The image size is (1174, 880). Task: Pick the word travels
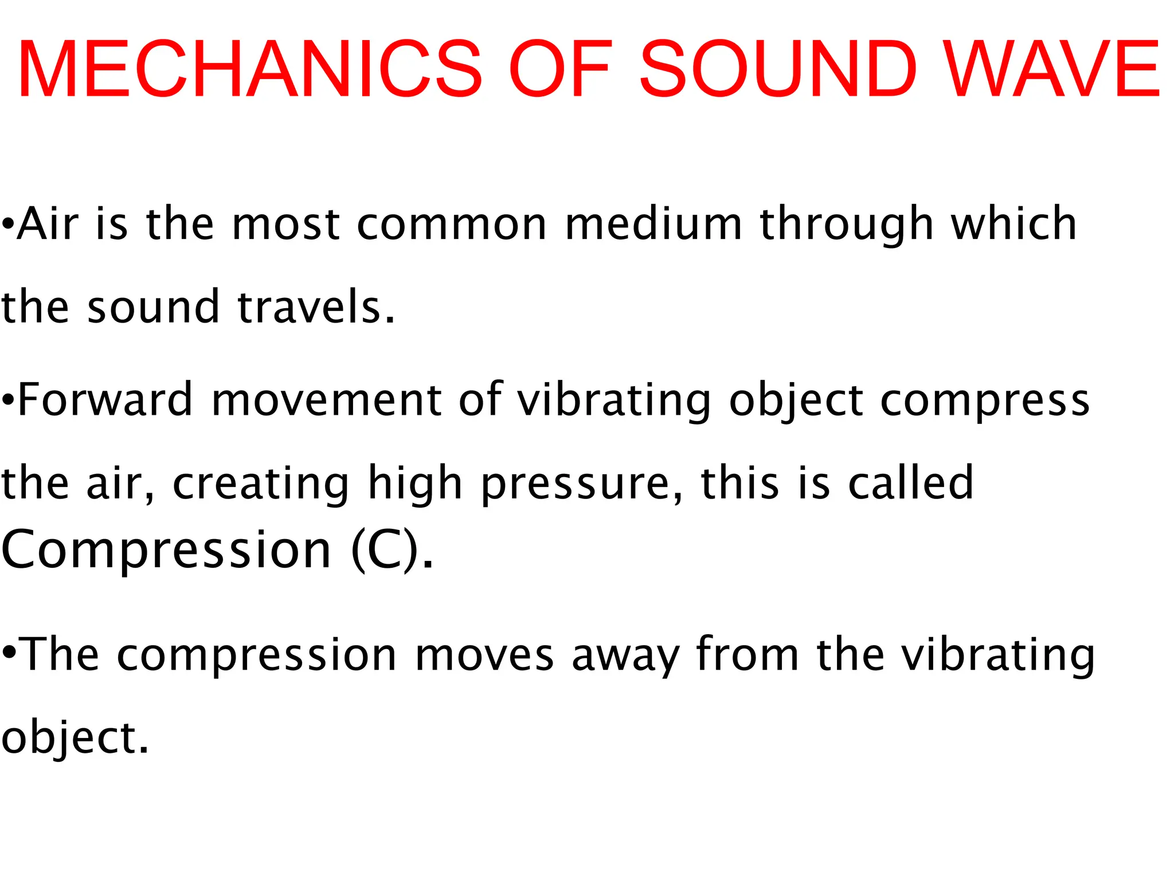pos(316,307)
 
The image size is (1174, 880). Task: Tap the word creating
pos(261,485)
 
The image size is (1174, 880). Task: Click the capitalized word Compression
pos(166,550)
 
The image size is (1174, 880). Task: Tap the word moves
pos(484,655)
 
